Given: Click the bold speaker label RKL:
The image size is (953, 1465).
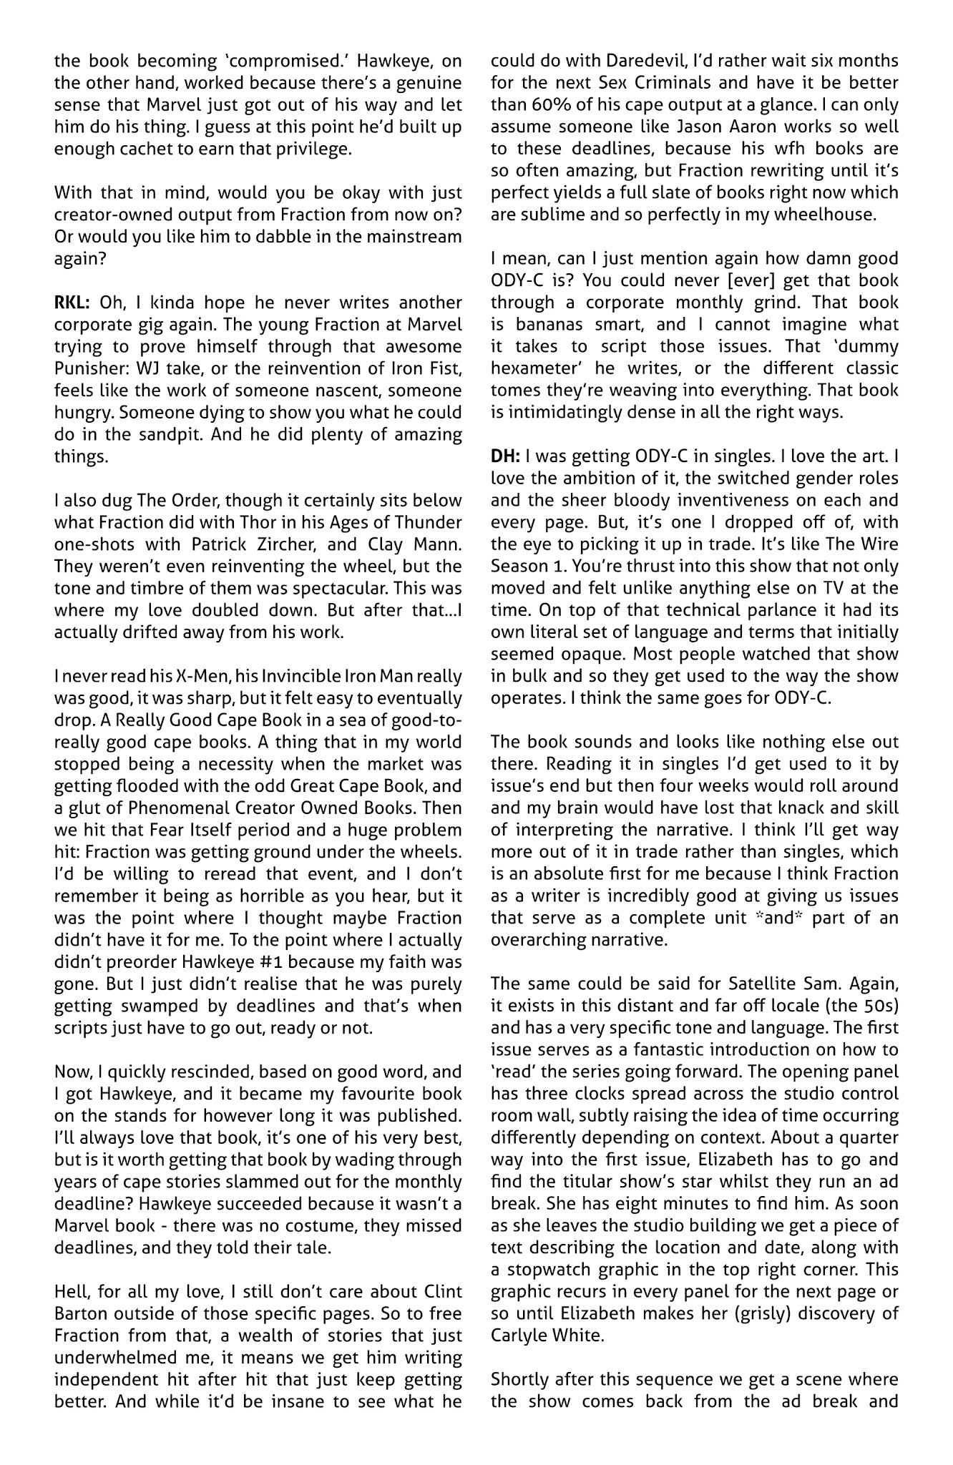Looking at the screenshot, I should pyautogui.click(x=73, y=303).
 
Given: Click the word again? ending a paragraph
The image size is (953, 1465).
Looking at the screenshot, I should pyautogui.click(x=80, y=258).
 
